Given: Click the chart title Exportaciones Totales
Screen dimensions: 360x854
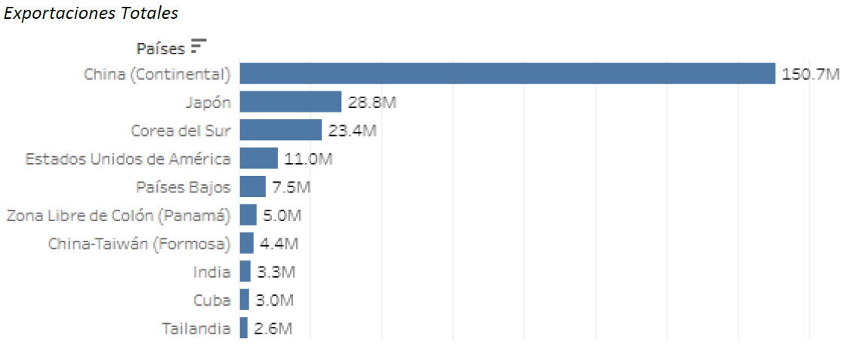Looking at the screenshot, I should (x=91, y=14).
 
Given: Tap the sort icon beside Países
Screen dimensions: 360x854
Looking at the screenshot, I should (x=199, y=46).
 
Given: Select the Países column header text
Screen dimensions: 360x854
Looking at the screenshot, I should (x=160, y=48).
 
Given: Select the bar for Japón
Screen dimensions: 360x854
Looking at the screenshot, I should (x=291, y=102).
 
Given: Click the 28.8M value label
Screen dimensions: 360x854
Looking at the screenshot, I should (x=372, y=102).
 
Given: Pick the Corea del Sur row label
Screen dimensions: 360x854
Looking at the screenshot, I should (x=180, y=131).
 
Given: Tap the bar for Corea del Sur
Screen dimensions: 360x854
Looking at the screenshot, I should (x=281, y=131).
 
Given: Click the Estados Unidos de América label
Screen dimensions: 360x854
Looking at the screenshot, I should (x=128, y=158).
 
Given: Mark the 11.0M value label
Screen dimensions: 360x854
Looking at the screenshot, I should (x=308, y=158).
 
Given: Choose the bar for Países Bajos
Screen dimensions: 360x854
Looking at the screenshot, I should (x=253, y=186).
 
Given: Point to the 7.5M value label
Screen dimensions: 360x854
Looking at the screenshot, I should (x=291, y=186).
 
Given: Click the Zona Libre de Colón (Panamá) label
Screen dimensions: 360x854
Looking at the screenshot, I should (x=118, y=215).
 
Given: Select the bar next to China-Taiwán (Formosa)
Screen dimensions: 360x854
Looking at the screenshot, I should (x=247, y=243).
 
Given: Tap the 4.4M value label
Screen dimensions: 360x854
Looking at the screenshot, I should (x=279, y=243).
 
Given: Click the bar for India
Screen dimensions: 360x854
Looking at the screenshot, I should (x=245, y=272).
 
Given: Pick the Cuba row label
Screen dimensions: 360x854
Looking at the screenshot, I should (x=211, y=300).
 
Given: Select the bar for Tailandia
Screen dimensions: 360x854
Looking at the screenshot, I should (x=244, y=328).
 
